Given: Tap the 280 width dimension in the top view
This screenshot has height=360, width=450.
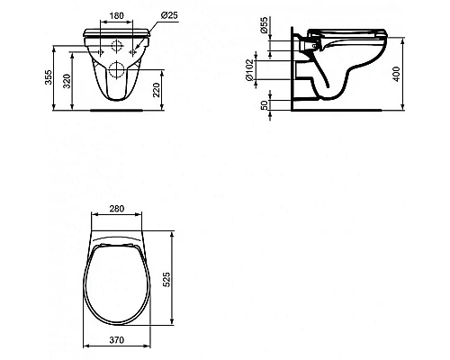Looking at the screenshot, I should (118, 211).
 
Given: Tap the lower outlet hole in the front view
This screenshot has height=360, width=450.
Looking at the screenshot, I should (118, 70).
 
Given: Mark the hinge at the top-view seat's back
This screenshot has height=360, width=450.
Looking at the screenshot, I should (118, 241).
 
